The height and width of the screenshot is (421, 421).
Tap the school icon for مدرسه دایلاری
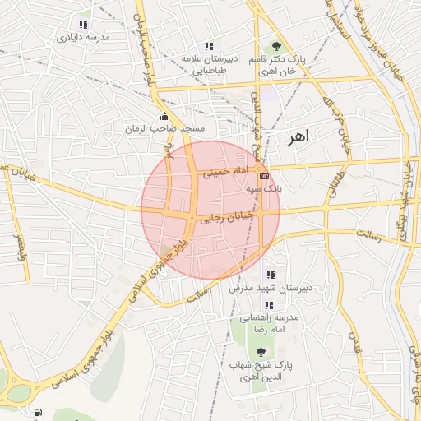click(82, 25)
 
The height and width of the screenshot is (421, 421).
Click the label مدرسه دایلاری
click(82, 38)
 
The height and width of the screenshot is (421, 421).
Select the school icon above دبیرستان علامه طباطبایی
click(210, 46)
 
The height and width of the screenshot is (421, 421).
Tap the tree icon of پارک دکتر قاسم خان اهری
click(276, 46)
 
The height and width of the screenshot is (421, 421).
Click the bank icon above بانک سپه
click(264, 176)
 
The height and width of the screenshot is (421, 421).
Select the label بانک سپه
click(264, 188)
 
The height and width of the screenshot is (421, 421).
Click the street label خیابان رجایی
click(222, 218)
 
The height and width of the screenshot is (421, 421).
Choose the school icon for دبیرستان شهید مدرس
click(270, 275)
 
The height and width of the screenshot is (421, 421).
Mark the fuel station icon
click(38, 411)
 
